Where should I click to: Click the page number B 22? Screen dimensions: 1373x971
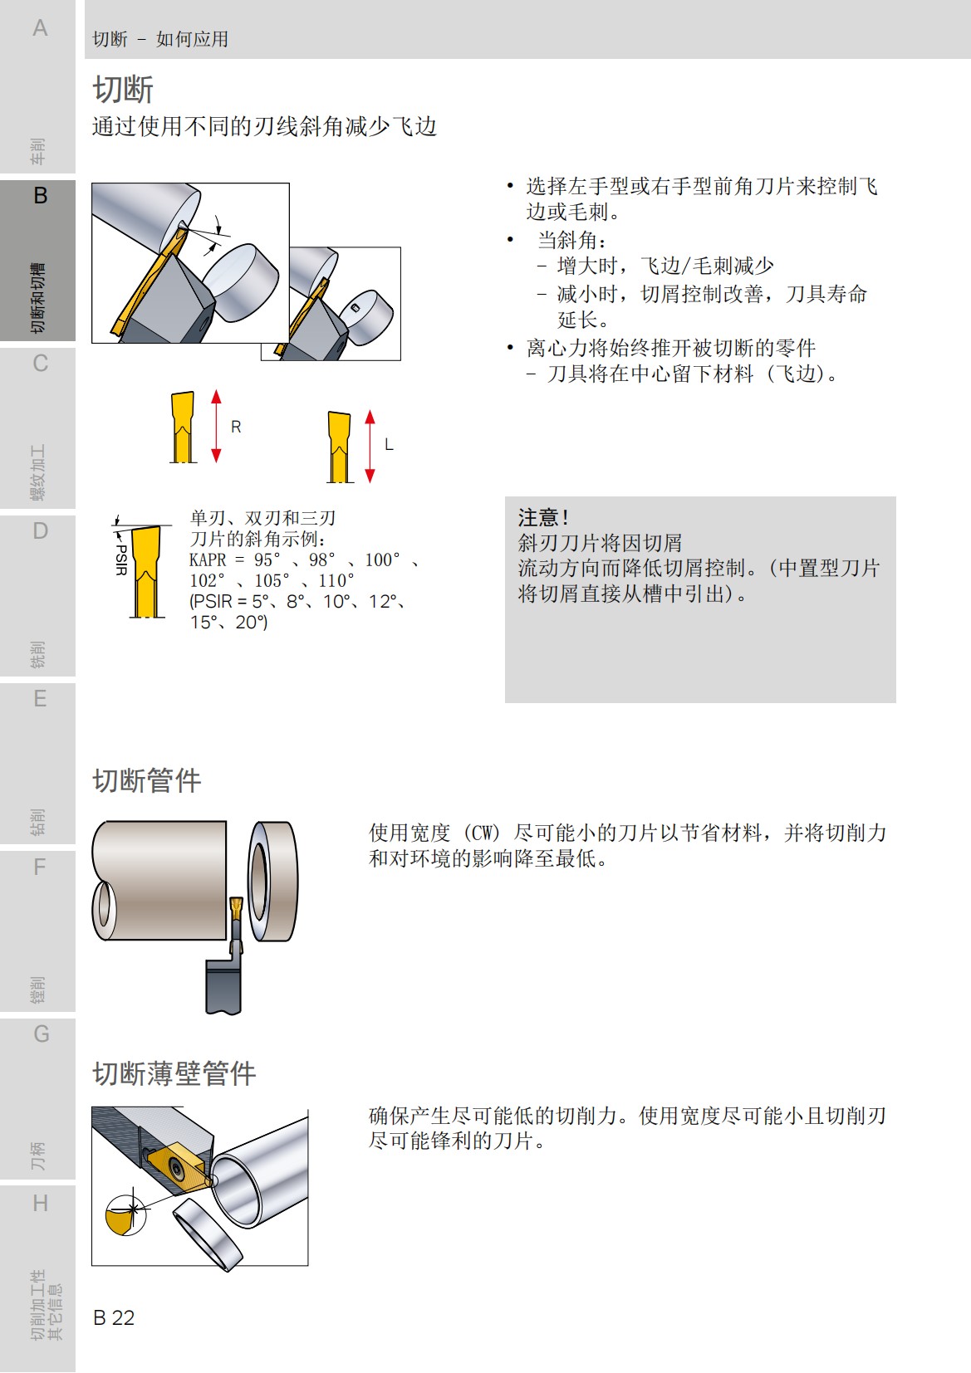pyautogui.click(x=114, y=1317)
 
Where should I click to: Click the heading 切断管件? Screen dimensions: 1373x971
pyautogui.click(x=147, y=780)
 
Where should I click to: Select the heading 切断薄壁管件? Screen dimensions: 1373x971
pyautogui.click(x=174, y=1073)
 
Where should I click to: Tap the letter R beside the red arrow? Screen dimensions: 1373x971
pyautogui.click(x=236, y=427)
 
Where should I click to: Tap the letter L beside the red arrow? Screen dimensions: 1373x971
pyautogui.click(x=389, y=445)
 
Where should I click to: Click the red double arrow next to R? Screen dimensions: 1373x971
pyautogui.click(x=216, y=426)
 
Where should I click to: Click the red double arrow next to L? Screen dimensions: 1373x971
pyautogui.click(x=370, y=447)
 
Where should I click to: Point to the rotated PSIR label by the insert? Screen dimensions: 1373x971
pyautogui.click(x=121, y=559)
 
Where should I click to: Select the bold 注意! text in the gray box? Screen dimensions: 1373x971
pyautogui.click(x=544, y=518)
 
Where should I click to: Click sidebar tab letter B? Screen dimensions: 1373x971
pyautogui.click(x=40, y=196)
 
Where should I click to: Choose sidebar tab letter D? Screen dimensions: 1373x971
pyautogui.click(x=40, y=531)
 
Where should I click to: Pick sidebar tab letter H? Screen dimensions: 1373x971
pyautogui.click(x=40, y=1203)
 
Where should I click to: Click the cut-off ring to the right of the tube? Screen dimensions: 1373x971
pyautogui.click(x=273, y=881)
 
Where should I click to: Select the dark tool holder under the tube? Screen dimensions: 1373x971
pyautogui.click(x=223, y=984)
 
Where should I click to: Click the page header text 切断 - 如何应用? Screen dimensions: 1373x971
pyautogui.click(x=160, y=39)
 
